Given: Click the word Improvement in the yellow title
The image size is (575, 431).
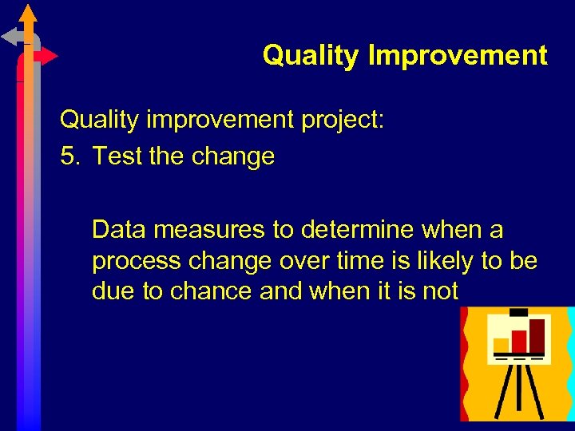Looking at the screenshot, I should tap(458, 56).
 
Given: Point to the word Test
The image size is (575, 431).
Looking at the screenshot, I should tap(117, 156).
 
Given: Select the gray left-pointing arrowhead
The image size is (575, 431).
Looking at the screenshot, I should tap(10, 36).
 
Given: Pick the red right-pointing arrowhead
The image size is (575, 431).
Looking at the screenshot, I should tap(50, 57).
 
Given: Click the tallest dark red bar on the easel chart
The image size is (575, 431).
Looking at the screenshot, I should tap(537, 335).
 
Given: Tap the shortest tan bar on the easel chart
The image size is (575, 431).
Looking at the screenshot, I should tap(502, 345).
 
